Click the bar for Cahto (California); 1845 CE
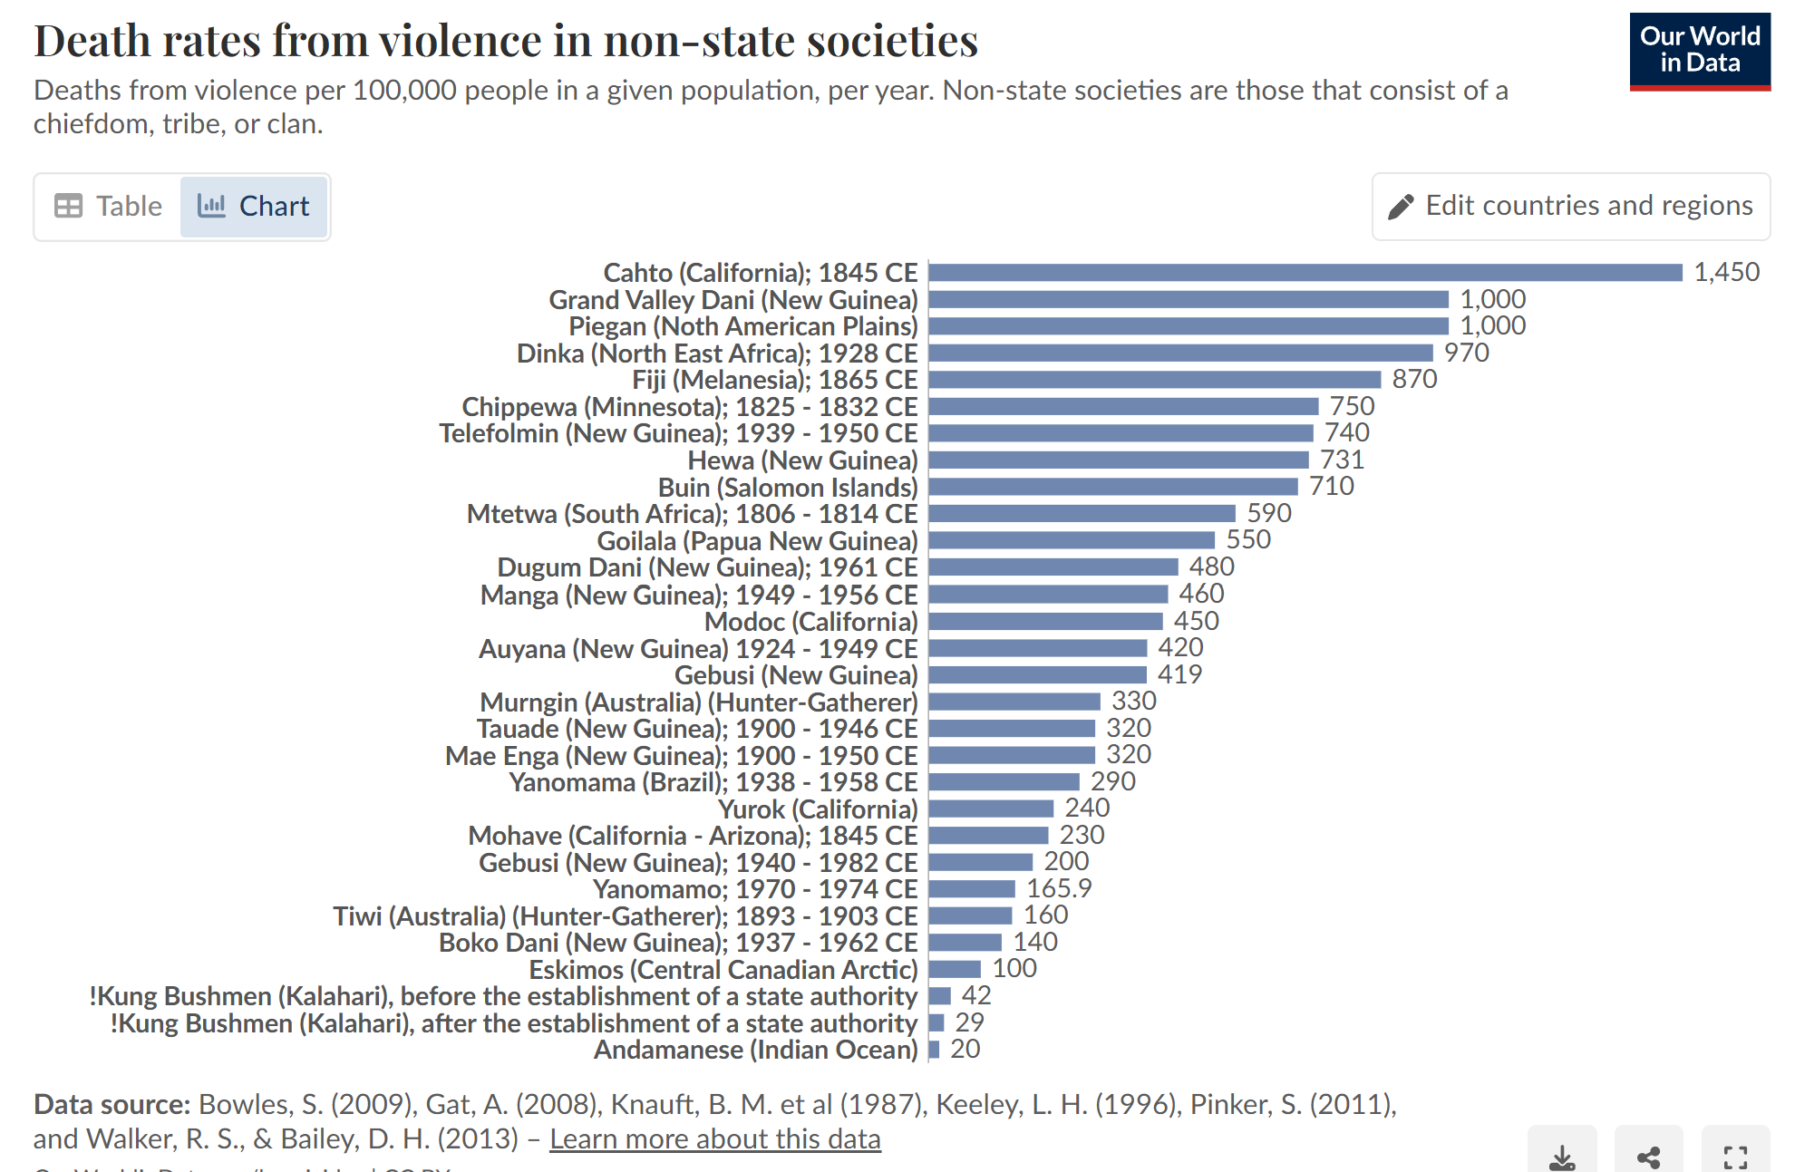tap(1305, 273)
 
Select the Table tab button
tap(108, 207)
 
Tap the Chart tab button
tap(254, 207)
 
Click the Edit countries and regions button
tap(1570, 207)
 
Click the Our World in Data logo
tap(1699, 51)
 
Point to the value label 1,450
tap(1726, 272)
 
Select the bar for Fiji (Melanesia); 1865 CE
tap(1154, 380)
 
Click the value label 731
tap(1342, 460)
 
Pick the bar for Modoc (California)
tap(1045, 622)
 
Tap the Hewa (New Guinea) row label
tap(802, 460)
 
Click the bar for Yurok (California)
tap(991, 809)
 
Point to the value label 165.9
tap(1059, 888)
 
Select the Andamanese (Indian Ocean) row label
tap(755, 1050)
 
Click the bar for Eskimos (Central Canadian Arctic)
tap(955, 969)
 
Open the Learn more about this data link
tap(714, 1138)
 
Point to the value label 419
tap(1179, 674)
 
